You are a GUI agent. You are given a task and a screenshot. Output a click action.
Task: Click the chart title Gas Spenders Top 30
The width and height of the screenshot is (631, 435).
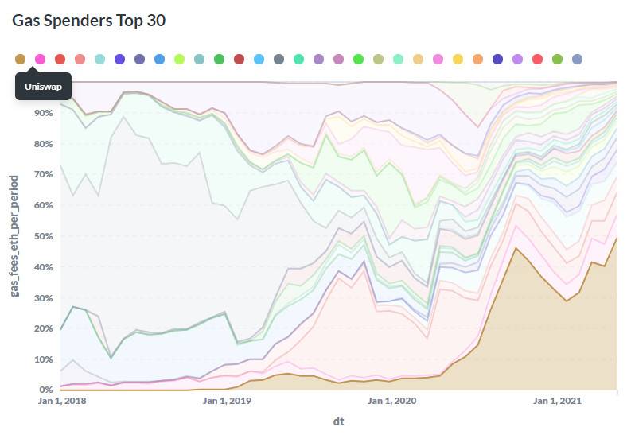click(x=88, y=21)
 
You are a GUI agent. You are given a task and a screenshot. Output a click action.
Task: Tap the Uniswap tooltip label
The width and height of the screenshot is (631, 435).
click(x=43, y=86)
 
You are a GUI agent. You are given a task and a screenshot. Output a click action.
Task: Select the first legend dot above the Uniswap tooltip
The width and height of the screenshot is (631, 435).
click(x=21, y=59)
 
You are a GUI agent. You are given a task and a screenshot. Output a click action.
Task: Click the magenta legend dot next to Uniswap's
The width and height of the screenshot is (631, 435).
click(x=40, y=59)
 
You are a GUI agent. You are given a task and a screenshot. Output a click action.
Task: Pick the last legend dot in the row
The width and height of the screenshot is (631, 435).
click(x=577, y=59)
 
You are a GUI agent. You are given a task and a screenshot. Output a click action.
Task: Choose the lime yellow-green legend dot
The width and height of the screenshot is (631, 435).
click(x=179, y=59)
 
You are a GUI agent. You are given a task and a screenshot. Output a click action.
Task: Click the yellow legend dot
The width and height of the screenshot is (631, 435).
click(x=458, y=59)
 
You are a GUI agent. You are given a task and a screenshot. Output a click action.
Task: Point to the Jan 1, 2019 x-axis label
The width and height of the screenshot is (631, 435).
click(x=228, y=402)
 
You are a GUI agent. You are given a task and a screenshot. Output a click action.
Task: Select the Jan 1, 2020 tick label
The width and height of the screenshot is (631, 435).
click(x=395, y=402)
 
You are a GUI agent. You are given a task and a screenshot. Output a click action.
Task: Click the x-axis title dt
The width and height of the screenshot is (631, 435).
click(x=338, y=420)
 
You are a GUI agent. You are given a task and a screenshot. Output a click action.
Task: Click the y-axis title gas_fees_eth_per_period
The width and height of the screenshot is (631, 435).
click(x=15, y=235)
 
